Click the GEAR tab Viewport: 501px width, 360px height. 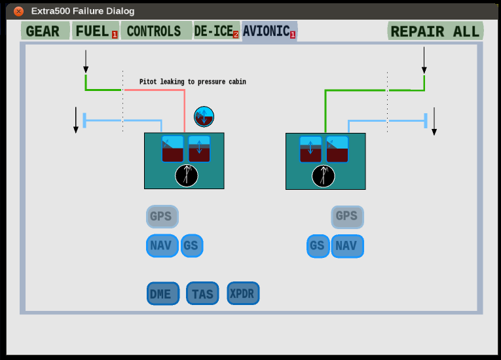43,31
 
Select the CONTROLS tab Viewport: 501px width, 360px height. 155,31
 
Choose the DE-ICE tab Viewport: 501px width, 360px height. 213,31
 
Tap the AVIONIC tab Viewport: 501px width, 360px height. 266,31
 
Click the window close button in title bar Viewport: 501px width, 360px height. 19,11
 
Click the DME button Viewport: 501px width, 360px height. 161,294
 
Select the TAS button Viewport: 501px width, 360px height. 202,294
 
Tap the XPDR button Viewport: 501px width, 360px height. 244,293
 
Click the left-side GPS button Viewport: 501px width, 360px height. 161,216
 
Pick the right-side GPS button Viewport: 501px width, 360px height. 347,216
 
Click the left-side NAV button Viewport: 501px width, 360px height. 161,246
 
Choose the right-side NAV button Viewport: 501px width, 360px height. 347,246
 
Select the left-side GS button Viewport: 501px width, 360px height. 191,246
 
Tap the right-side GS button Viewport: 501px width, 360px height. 318,246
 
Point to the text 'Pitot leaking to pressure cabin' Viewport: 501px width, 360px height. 193,82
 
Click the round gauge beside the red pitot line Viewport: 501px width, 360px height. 204,117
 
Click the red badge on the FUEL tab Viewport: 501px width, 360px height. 115,35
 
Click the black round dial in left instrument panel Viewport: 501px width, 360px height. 187,175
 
